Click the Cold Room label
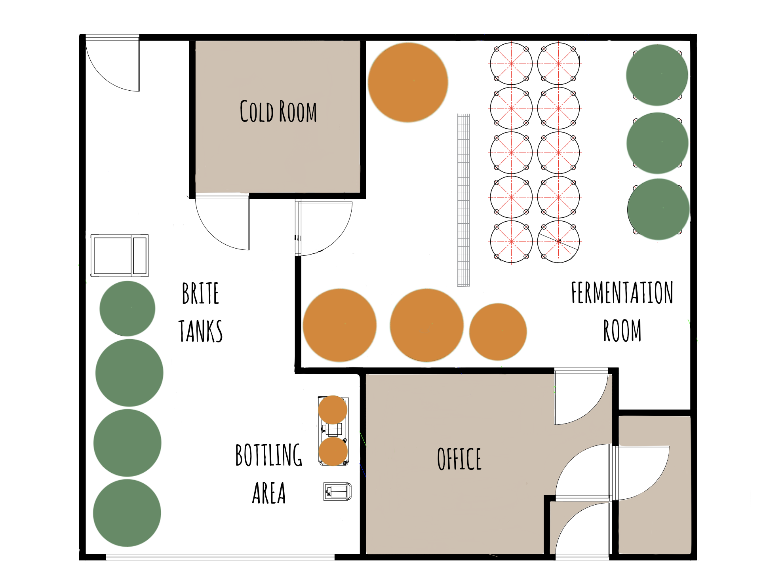click(278, 111)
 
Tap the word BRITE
click(200, 293)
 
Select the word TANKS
click(200, 331)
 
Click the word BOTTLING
click(268, 455)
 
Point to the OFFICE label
click(459, 459)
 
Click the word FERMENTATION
click(622, 293)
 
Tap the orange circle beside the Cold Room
click(408, 82)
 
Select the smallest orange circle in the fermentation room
click(498, 332)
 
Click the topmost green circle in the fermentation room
click(657, 75)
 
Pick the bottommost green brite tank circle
click(127, 513)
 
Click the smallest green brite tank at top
click(127, 309)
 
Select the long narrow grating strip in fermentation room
click(464, 200)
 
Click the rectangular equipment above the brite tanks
click(119, 255)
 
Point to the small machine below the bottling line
click(337, 491)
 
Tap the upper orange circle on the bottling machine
click(333, 410)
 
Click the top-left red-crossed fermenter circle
click(511, 64)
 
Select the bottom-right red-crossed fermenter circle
click(558, 241)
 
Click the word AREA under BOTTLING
click(269, 493)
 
